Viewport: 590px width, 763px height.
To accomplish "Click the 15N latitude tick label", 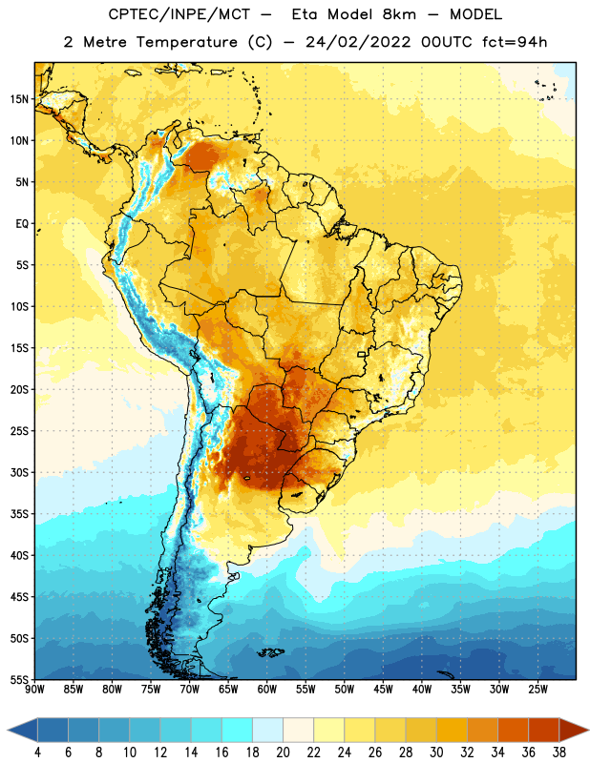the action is coord(19,99).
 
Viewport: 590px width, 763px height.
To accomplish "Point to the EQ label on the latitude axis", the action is coord(22,224).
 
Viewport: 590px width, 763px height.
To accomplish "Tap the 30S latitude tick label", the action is coord(19,472).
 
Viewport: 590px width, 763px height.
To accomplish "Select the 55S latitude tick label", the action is coord(19,679).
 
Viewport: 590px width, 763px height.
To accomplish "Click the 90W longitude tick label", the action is coord(34,690).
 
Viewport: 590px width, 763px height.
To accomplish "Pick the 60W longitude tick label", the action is coord(267,690).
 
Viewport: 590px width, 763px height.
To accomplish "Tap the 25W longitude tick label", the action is coord(537,690).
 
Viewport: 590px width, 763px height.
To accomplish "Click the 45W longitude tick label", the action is coord(383,690).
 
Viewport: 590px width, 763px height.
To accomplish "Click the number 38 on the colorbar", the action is coord(559,753).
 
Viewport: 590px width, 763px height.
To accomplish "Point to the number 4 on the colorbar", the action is coord(37,753).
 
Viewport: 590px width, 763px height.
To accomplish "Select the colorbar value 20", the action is coord(283,753).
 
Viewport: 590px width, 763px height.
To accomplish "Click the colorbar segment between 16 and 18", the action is coord(238,731).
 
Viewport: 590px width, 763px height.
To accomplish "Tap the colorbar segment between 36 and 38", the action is coord(544,731).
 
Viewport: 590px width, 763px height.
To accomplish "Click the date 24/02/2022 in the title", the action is coord(358,42).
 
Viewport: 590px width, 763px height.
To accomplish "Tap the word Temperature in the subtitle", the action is coord(186,42).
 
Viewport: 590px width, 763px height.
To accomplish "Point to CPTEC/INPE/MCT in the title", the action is coord(179,14).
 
